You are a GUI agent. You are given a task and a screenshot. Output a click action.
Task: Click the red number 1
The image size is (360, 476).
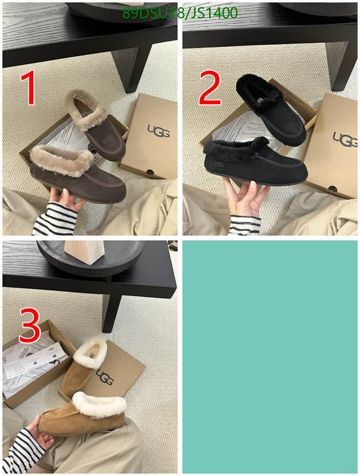coord(30,89)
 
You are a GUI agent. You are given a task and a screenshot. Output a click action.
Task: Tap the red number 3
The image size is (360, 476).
coord(30,326)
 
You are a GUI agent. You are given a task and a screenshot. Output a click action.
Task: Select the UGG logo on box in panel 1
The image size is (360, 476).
coord(158,131)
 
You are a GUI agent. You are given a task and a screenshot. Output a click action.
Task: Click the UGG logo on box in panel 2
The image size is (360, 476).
coord(344,139)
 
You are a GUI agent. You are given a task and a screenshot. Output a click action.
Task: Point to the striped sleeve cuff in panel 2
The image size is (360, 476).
coord(244,225)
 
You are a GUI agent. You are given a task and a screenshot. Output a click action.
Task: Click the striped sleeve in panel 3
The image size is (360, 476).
coord(24,450)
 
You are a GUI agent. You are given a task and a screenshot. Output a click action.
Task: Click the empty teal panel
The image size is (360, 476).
coord(270,356)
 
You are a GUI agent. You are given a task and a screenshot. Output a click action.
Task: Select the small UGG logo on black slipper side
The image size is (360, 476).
coord(219,164)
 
